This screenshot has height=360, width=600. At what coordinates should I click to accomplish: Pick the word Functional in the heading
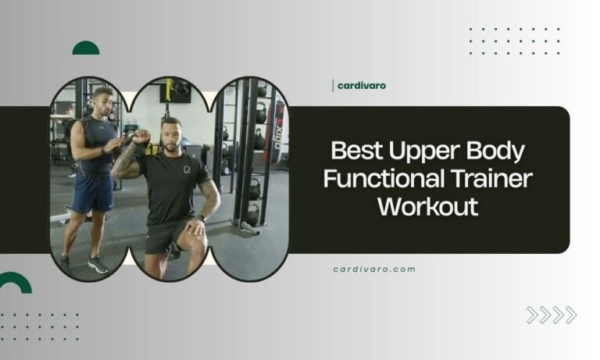point(380,179)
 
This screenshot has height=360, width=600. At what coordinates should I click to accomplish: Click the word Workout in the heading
point(427,208)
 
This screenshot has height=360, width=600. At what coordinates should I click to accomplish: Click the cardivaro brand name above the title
point(361,85)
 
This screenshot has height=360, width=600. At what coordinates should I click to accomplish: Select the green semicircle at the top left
point(86,48)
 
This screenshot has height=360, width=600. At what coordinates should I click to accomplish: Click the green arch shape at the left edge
point(13,283)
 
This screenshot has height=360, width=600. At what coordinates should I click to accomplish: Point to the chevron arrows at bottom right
point(551,315)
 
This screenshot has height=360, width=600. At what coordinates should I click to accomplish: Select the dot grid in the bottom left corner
point(39,326)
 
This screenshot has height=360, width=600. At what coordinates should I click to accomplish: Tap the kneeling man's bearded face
point(173,134)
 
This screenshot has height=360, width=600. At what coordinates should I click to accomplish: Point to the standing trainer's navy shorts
point(93,192)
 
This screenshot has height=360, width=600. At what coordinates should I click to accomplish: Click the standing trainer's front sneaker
point(98,265)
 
